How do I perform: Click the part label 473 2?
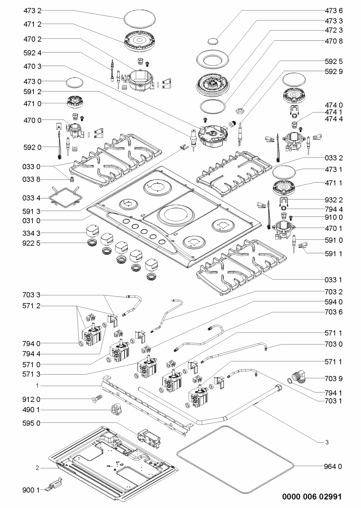(33, 11)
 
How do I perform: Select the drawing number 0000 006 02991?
(312, 496)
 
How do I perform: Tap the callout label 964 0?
(333, 466)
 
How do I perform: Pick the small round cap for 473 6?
(213, 42)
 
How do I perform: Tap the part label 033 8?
(31, 179)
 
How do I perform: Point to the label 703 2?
(334, 292)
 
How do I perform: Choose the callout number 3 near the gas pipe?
(327, 442)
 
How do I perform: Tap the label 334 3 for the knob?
(31, 233)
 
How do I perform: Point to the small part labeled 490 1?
(117, 409)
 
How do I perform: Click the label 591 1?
(334, 254)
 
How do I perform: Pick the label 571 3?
(31, 374)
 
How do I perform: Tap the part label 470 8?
(334, 41)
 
